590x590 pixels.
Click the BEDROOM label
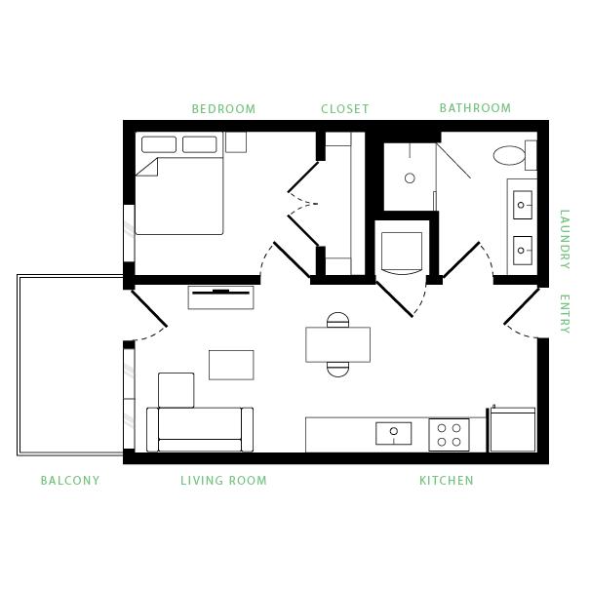[223, 108]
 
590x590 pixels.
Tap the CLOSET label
[345, 108]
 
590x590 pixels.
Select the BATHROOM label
[475, 108]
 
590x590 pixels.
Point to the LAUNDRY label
[565, 239]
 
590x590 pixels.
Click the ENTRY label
[565, 313]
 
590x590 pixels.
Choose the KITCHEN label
[447, 481]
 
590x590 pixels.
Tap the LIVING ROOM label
[223, 481]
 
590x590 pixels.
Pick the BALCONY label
[70, 481]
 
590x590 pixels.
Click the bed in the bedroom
[178, 195]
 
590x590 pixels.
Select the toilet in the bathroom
[511, 155]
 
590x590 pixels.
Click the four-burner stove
[449, 434]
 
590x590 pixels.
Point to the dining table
[337, 343]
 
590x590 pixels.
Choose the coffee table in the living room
[232, 364]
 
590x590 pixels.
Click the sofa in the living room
[199, 425]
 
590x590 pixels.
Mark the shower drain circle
[410, 178]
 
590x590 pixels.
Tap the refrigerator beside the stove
[512, 430]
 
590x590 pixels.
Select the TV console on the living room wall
[221, 296]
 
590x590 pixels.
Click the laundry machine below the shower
[402, 251]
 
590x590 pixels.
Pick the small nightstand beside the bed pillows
[236, 143]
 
